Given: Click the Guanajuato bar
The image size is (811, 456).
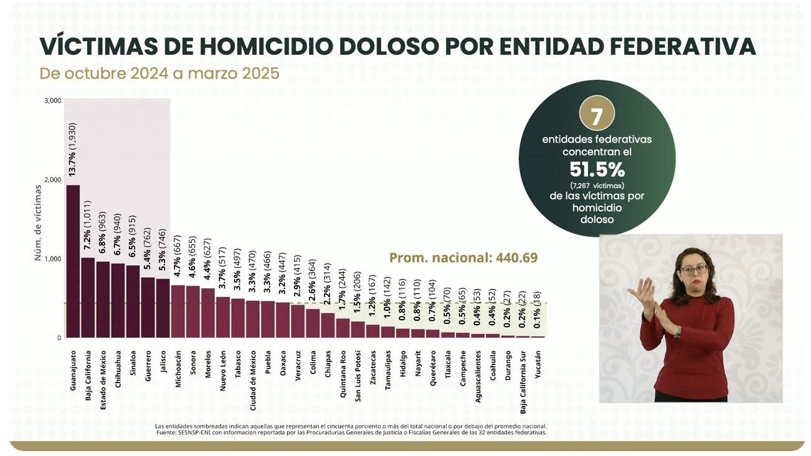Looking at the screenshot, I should pyautogui.click(x=73, y=261).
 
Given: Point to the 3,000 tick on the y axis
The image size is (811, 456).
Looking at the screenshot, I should pyautogui.click(x=53, y=100).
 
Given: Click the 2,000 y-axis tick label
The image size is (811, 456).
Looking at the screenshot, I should pyautogui.click(x=53, y=179).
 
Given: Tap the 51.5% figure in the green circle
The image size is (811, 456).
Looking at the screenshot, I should pyautogui.click(x=597, y=169).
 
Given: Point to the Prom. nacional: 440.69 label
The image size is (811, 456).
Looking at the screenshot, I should pyautogui.click(x=463, y=257).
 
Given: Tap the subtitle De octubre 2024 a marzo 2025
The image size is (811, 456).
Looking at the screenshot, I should pyautogui.click(x=159, y=73).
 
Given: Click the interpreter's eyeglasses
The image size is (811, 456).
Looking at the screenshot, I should pyautogui.click(x=693, y=270).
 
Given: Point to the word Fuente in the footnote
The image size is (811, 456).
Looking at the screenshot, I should pyautogui.click(x=167, y=432).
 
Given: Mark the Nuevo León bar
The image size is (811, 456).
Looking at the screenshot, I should pyautogui.click(x=222, y=317).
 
